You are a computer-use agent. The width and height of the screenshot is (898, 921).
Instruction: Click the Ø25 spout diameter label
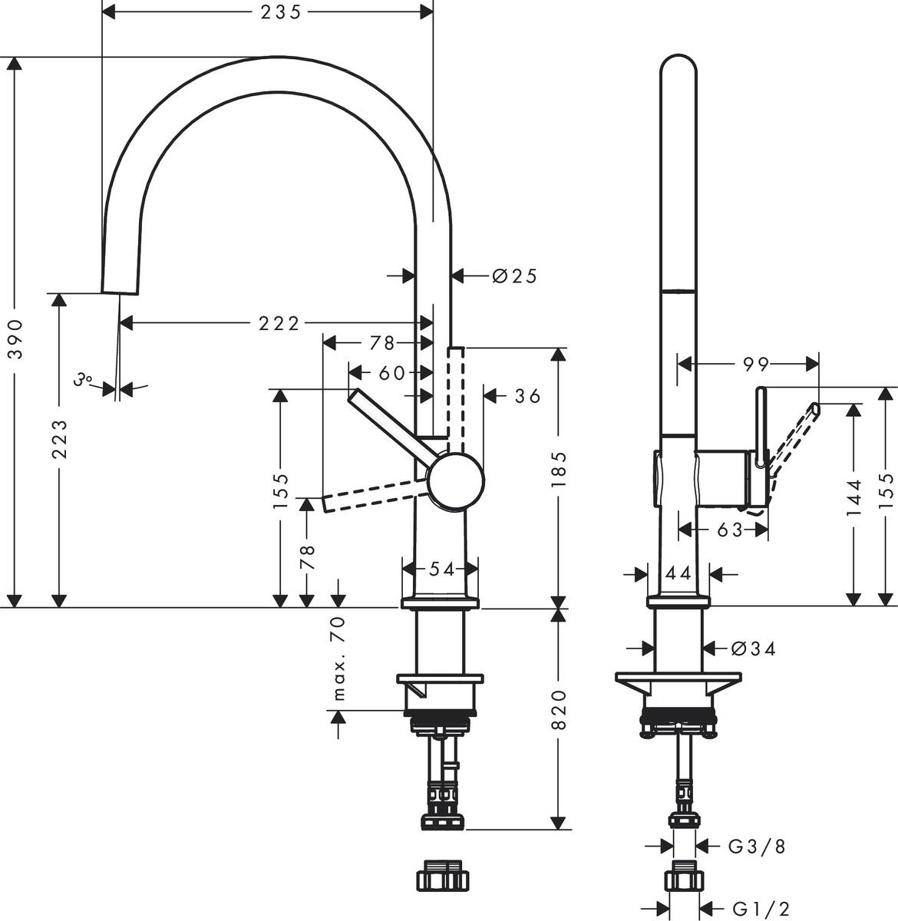click(x=514, y=276)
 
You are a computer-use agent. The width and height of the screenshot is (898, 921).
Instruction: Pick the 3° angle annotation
click(x=84, y=379)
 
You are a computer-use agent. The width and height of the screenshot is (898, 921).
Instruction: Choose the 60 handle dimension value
click(x=391, y=373)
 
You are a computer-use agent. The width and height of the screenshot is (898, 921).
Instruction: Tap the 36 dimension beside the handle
click(x=527, y=396)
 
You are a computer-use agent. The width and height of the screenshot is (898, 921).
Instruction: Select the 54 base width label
click(x=441, y=569)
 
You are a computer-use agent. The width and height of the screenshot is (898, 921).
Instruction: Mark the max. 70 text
click(x=340, y=659)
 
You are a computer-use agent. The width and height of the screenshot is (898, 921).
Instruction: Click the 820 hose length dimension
click(x=560, y=709)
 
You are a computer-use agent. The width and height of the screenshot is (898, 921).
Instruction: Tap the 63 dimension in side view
click(x=730, y=530)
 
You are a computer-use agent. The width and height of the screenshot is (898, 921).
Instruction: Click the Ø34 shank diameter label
click(x=753, y=649)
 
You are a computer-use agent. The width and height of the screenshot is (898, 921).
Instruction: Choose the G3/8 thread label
click(x=756, y=847)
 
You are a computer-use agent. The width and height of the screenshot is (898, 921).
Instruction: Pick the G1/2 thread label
click(x=757, y=908)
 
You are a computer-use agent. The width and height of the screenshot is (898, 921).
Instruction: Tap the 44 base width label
click(x=678, y=573)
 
